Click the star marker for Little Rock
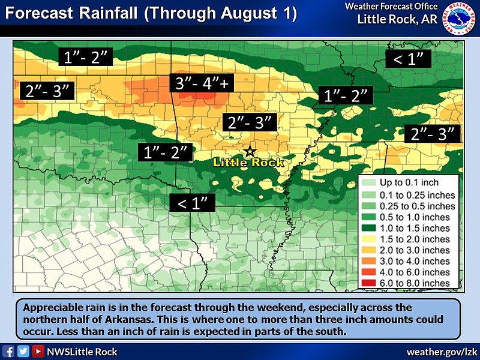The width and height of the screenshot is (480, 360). pos(250,151)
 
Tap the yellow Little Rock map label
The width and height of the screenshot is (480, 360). pos(248,163)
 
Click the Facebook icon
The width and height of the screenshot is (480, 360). pos(8,352)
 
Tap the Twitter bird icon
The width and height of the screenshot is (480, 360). pos(23,352)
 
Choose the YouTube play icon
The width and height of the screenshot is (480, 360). pos(37,352)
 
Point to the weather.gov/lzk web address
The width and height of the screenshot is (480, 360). pos(442,352)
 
